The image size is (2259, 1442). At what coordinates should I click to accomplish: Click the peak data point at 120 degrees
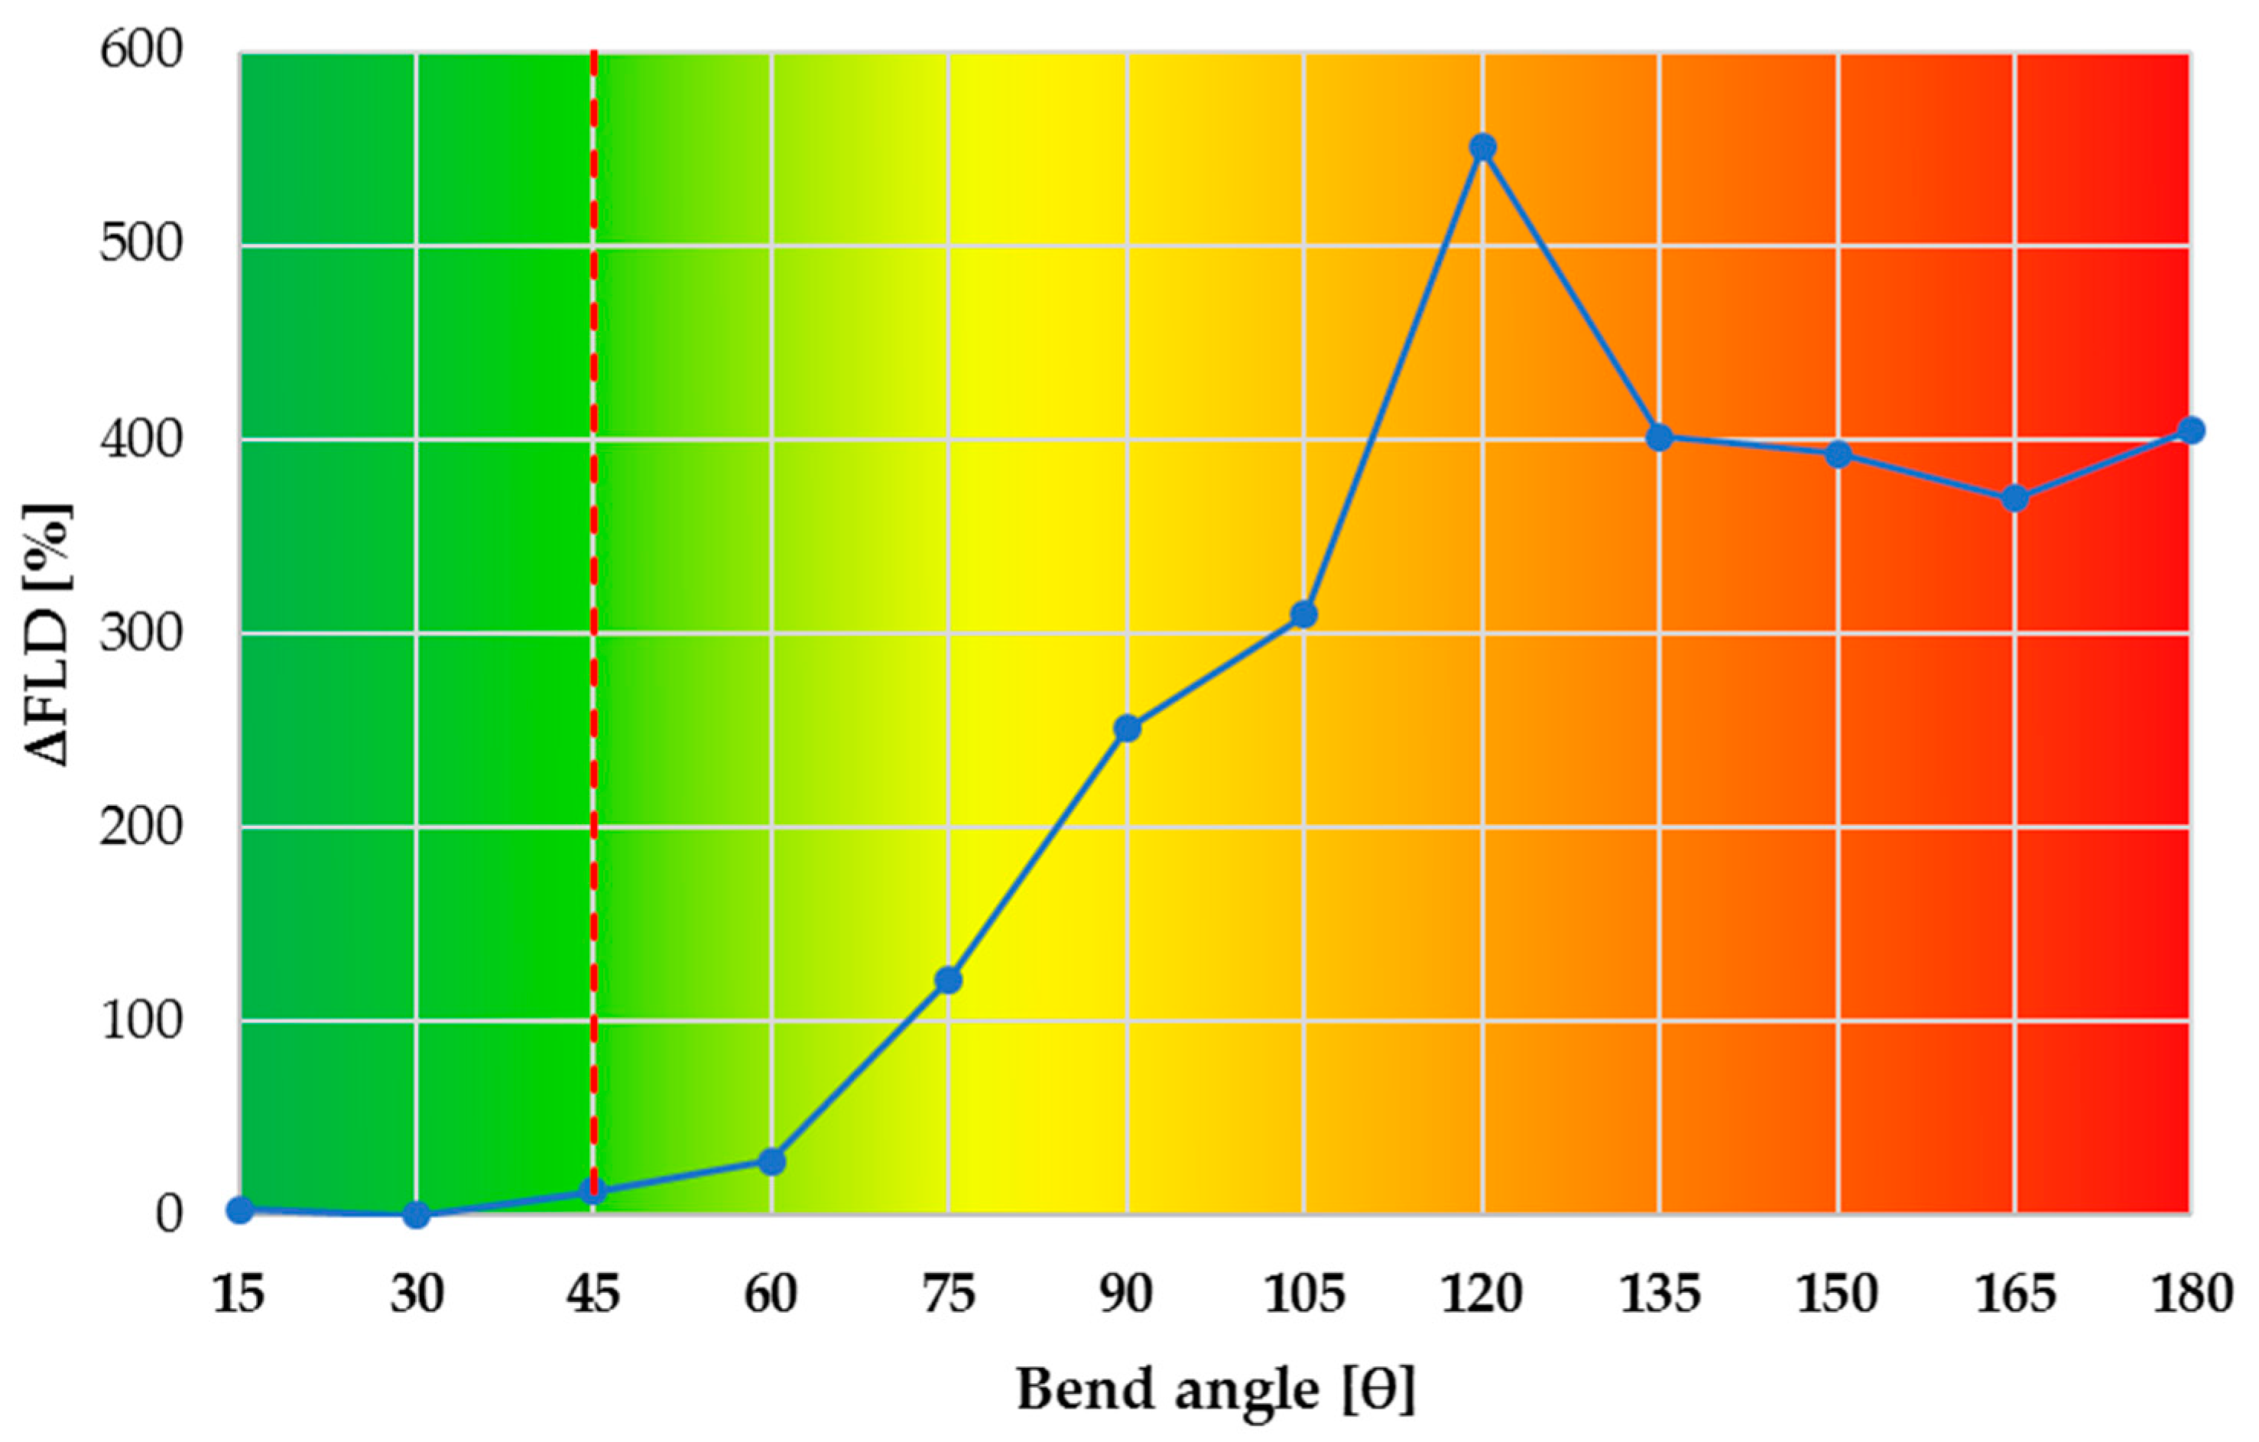(x=1482, y=148)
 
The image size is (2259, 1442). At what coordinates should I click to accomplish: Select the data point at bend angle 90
(x=1127, y=728)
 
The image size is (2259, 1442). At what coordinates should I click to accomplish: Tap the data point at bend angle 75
(x=949, y=980)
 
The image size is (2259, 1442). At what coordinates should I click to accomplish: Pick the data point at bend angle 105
(x=1304, y=615)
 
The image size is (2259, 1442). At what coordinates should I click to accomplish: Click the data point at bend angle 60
(x=771, y=1161)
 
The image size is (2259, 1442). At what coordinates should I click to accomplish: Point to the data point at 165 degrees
(x=2014, y=499)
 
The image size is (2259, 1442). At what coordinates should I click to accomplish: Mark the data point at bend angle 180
(x=2190, y=430)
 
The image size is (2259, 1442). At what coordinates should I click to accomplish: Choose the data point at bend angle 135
(x=1660, y=437)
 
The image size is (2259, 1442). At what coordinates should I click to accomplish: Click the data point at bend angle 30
(x=417, y=1215)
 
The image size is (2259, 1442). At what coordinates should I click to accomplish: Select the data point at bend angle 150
(x=1838, y=454)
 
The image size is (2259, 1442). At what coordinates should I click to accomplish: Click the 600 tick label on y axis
(x=141, y=50)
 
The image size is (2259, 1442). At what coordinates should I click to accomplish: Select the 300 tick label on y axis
(x=141, y=634)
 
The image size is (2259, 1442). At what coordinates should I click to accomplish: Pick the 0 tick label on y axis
(x=169, y=1215)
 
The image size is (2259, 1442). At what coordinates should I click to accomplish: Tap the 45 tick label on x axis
(x=594, y=1294)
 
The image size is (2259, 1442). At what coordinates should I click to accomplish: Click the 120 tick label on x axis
(x=1482, y=1294)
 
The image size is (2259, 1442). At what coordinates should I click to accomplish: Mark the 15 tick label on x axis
(x=239, y=1294)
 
